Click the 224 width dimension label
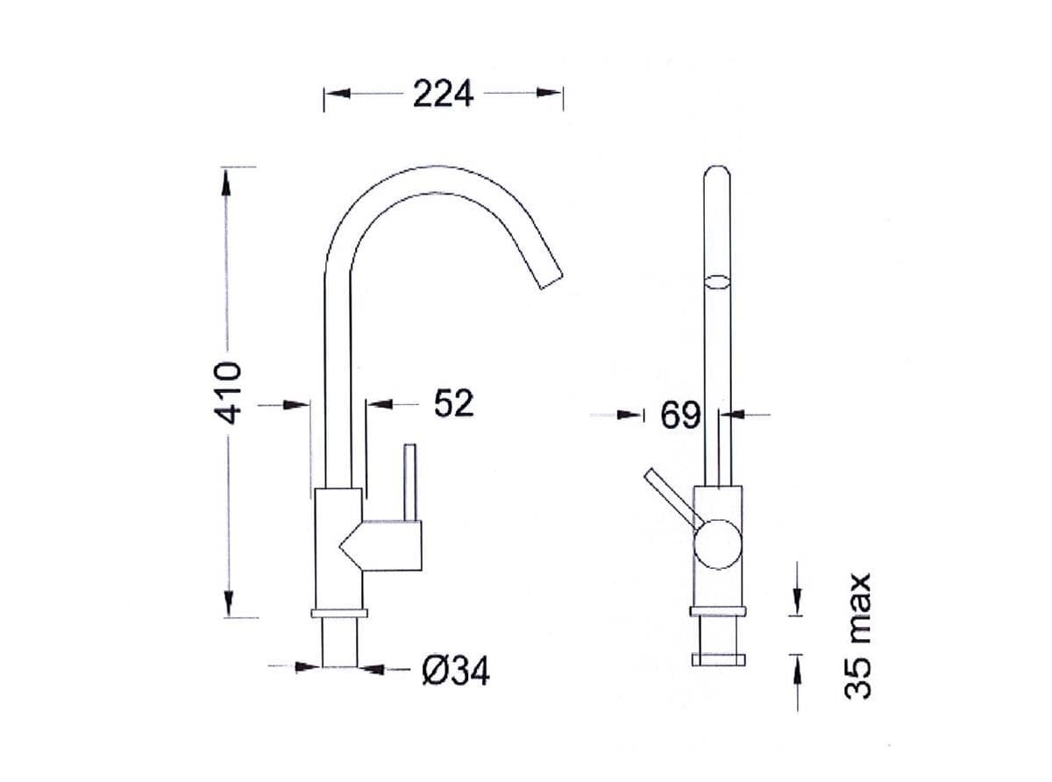[443, 93]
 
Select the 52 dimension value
[453, 403]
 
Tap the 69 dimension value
[679, 416]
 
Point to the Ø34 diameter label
[455, 672]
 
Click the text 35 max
[859, 635]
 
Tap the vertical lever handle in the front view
[409, 482]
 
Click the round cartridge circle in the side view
[717, 544]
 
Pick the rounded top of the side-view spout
[717, 173]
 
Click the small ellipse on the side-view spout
[717, 281]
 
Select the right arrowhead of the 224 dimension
[550, 93]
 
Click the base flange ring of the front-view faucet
[339, 612]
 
